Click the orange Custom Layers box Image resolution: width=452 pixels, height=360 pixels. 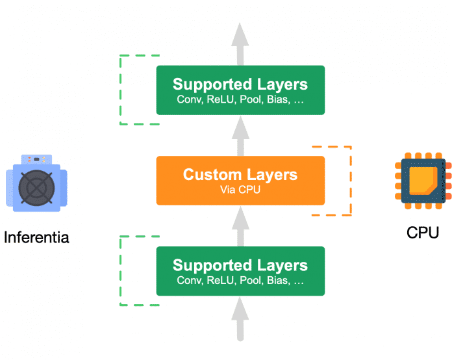pos(240,180)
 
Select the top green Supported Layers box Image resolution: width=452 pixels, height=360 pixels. pos(240,90)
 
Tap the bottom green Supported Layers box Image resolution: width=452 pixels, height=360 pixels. pos(240,271)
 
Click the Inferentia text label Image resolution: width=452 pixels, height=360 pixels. pos(36,237)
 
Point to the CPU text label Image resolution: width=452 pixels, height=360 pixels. pos(422,232)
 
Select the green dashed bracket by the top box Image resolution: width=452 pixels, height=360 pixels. pos(122,90)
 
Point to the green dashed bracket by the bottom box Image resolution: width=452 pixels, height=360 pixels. pos(122,271)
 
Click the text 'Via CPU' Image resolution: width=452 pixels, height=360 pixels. pos(240,190)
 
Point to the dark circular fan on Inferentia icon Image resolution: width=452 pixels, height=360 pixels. pos(36,188)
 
